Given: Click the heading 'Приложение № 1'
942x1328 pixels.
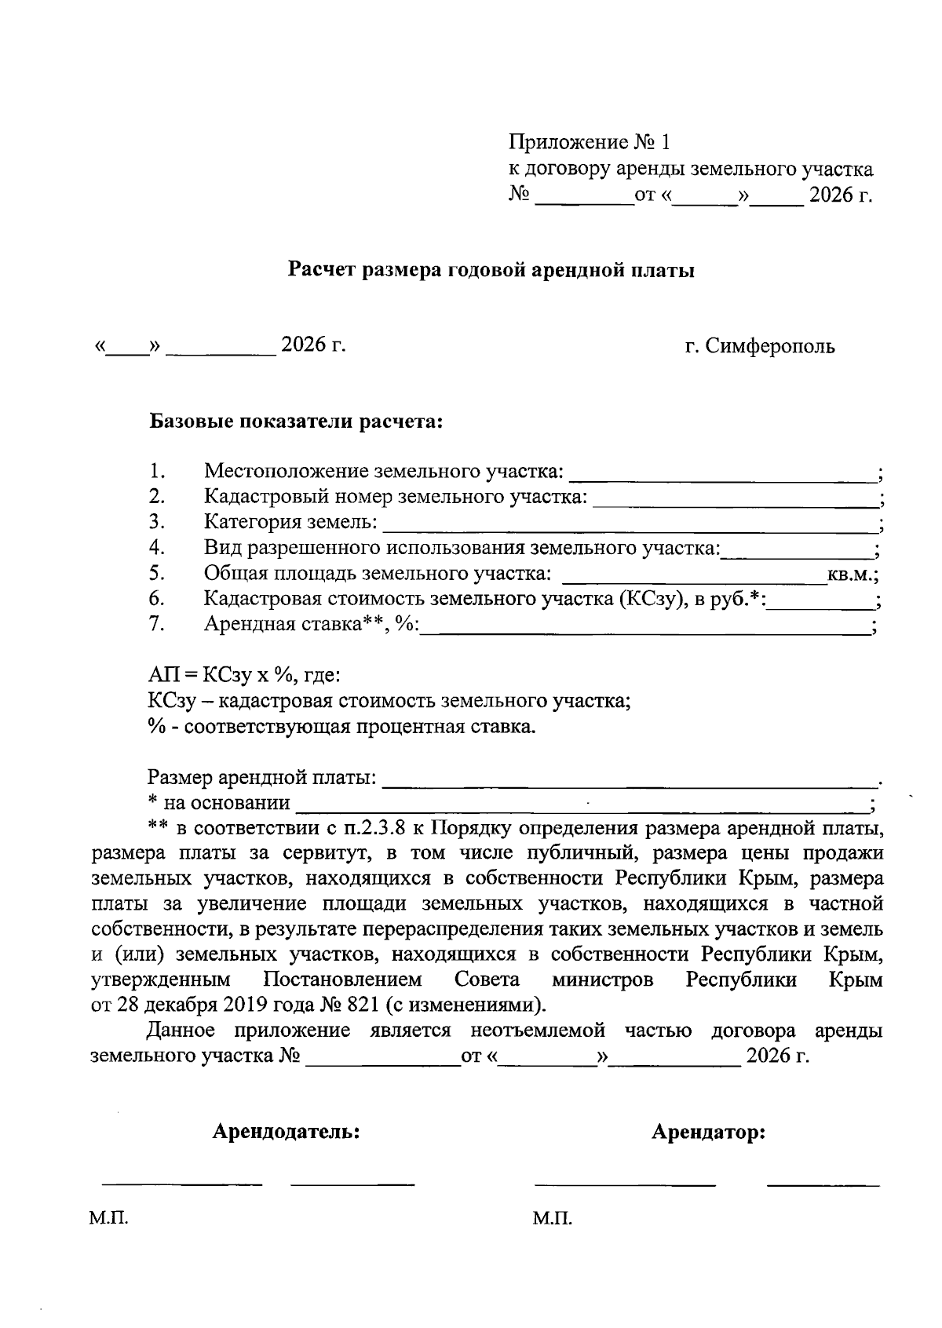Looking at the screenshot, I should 590,142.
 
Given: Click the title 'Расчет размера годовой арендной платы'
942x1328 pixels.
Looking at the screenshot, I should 491,272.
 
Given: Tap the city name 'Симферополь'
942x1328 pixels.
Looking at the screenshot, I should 770,346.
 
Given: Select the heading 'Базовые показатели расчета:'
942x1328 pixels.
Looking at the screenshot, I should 297,422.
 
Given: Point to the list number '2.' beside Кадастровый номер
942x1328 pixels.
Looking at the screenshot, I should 156,497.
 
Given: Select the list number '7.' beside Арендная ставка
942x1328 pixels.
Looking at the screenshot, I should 156,625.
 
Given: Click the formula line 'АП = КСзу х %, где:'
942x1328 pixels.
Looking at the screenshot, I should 243,676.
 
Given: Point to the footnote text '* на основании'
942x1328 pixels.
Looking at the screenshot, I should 219,804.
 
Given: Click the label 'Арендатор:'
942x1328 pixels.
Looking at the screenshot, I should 708,1133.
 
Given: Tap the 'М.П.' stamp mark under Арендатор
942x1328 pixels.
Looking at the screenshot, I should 552,1219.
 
